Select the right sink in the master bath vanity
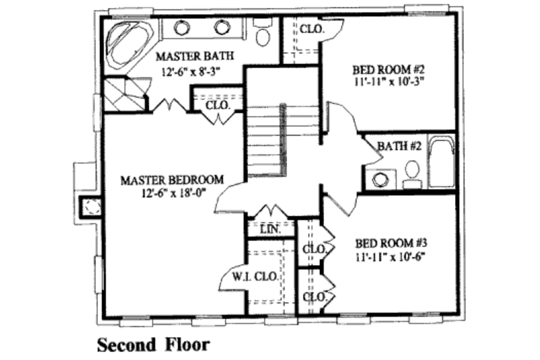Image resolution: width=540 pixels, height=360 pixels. [221, 28]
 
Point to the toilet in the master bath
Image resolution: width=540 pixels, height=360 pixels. [262, 32]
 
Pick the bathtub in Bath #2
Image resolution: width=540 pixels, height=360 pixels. [442, 162]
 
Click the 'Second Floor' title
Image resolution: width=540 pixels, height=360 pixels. [153, 344]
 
